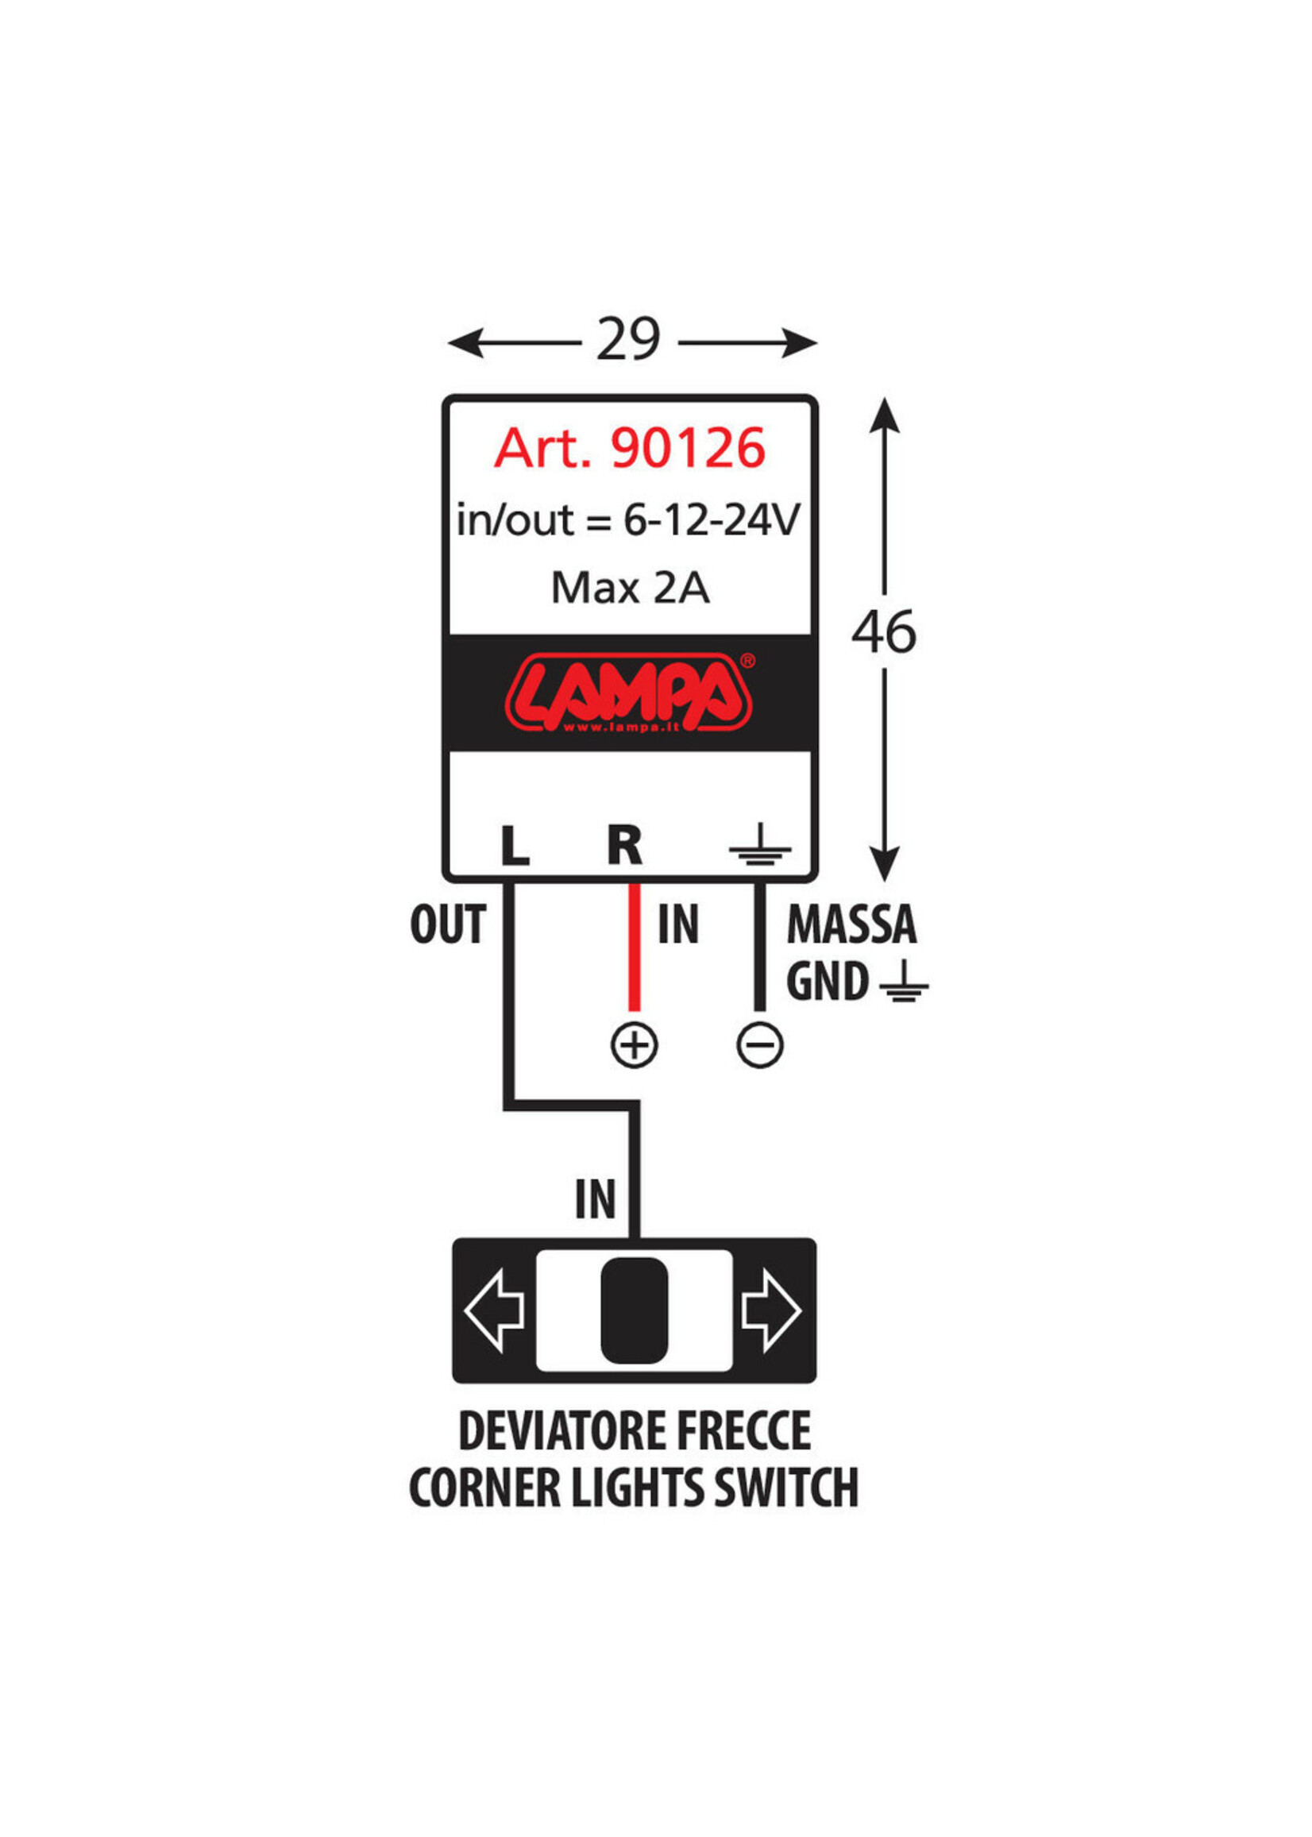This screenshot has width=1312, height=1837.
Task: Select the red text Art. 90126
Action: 629,449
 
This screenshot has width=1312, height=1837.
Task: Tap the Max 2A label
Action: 630,588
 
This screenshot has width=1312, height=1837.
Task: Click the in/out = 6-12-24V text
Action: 628,520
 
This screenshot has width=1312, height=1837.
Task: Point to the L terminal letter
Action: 515,847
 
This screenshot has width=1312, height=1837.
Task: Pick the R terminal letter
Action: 624,846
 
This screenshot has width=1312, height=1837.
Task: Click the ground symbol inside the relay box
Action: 759,845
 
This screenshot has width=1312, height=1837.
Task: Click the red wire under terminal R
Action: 635,953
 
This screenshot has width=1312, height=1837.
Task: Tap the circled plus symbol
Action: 635,1045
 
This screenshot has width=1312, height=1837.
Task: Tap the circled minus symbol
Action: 760,1045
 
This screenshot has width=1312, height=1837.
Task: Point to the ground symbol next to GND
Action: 904,982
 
